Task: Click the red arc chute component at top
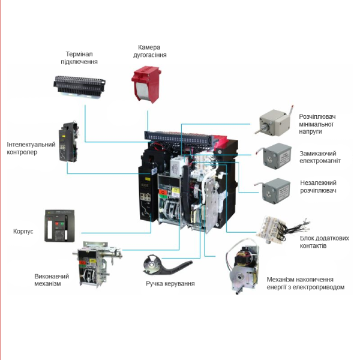[x=146, y=84]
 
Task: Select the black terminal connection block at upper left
[x=79, y=86]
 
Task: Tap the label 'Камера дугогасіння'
[x=149, y=51]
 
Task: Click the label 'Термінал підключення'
[x=79, y=58]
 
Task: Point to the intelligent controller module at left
[x=68, y=142]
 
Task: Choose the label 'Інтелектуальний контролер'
[x=31, y=148]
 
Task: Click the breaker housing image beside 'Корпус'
[x=59, y=226]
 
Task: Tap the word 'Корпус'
[x=23, y=231]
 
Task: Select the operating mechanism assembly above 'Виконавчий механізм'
[x=97, y=264]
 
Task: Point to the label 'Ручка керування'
[x=170, y=284]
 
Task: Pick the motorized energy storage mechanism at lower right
[x=242, y=266]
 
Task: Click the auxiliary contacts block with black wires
[x=284, y=230]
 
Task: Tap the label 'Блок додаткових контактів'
[x=324, y=242]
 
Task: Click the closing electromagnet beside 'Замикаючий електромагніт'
[x=274, y=156]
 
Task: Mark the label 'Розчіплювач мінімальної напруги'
[x=317, y=124]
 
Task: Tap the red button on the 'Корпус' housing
[x=56, y=224]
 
